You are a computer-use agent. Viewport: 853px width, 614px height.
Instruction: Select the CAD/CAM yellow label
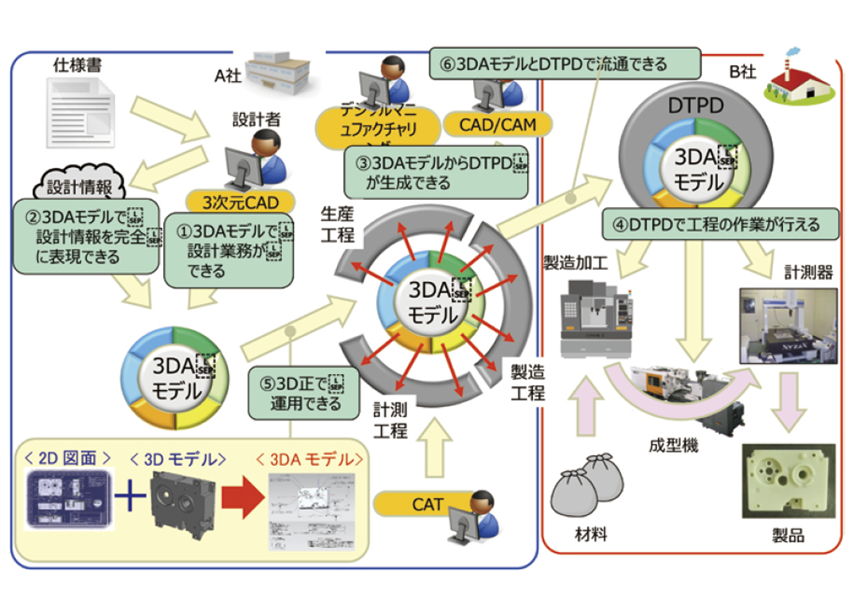497,124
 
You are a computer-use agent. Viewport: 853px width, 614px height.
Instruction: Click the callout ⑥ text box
565,63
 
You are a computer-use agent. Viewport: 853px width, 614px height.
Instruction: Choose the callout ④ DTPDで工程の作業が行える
710,225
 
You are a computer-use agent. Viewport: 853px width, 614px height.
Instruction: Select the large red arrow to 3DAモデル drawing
240,503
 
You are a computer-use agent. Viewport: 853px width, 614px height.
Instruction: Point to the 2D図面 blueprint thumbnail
68,498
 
